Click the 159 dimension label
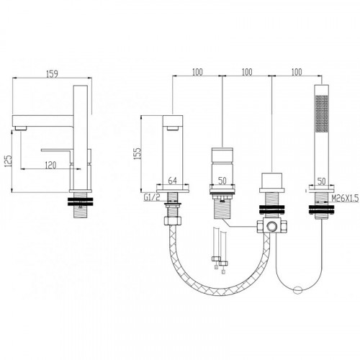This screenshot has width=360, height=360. coord(52,73)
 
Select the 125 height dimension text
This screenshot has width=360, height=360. coord(9,161)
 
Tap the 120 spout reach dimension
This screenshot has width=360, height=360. coord(50,165)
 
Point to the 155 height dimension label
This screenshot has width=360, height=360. coord(138,154)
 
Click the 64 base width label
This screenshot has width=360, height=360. coord(173,181)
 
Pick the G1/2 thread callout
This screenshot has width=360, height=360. coord(152,197)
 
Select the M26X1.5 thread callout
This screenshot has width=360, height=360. coord(345,198)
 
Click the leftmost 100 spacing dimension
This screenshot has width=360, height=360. coord(197,72)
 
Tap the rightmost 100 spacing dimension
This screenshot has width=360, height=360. coord(297,72)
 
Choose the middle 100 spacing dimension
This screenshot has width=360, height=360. coord(247,72)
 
